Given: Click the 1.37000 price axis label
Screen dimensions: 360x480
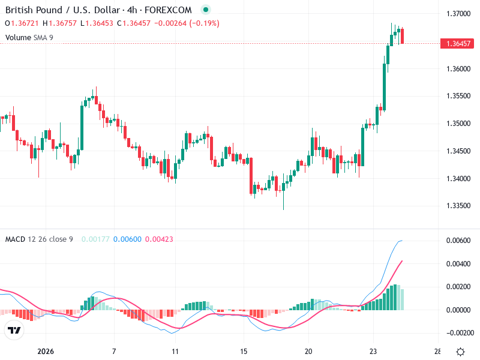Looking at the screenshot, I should point(459,13).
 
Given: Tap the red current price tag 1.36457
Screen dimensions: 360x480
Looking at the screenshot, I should point(459,44).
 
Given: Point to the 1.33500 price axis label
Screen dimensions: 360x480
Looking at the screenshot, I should point(459,206).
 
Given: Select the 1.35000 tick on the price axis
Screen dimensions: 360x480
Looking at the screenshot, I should point(459,124).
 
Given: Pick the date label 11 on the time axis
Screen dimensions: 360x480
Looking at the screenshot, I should point(175,351).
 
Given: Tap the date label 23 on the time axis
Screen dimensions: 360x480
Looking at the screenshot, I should point(373,351).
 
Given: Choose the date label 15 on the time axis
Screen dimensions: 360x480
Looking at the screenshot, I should point(244,351).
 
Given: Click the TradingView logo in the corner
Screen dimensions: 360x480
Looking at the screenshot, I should point(14,331).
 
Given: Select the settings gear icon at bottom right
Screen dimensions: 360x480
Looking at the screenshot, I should point(460,352).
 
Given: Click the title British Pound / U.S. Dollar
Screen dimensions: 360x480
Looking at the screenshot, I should point(62,10).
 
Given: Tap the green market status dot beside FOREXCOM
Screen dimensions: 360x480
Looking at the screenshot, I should point(206,10).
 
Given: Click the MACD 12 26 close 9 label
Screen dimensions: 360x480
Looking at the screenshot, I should point(39,239).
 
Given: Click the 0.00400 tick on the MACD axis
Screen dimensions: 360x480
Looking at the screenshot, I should point(459,263).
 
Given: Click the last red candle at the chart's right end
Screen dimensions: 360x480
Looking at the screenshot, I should point(403,35).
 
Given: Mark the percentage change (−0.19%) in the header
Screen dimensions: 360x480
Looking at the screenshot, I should point(205,23).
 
